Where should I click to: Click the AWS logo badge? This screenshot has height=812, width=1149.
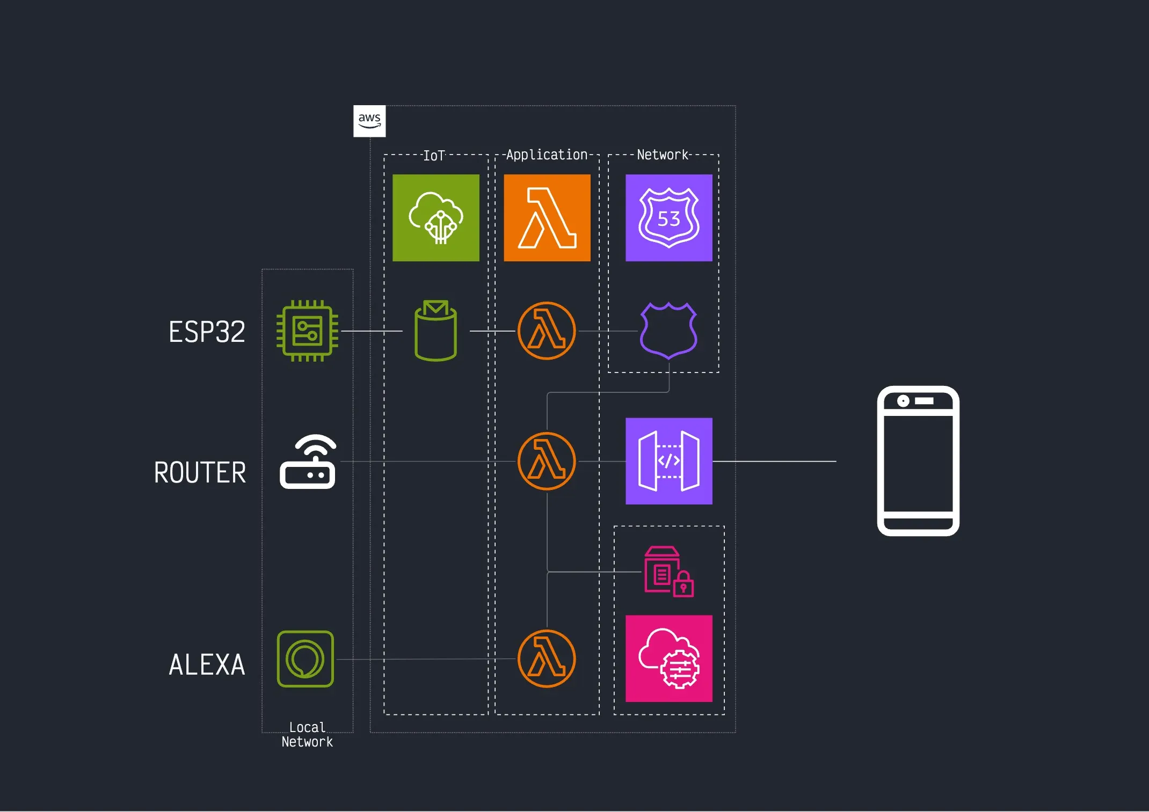pos(369,121)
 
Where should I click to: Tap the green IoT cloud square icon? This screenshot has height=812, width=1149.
pos(436,218)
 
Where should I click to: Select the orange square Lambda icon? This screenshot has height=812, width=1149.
pos(547,218)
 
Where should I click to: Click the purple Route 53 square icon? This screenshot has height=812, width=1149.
pos(669,218)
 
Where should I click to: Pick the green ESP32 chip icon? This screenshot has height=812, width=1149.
pos(307,331)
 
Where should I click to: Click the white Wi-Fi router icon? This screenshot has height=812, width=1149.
pos(308,462)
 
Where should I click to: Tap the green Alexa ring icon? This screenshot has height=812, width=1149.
pos(306,659)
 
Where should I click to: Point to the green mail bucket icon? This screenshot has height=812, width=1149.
pos(436,331)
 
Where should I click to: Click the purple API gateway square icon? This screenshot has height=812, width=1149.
pos(669,461)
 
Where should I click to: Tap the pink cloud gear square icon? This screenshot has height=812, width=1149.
pos(669,659)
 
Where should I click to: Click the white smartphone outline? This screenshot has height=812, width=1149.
pos(918,461)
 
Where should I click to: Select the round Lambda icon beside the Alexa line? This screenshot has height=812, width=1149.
pos(547,659)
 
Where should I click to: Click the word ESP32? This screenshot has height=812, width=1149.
pos(207,332)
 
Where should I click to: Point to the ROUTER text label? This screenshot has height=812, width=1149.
pos(200,473)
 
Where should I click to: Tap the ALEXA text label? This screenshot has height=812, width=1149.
pos(207,665)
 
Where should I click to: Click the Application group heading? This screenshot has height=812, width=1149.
pos(547,155)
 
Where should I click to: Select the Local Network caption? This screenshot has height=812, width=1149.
pos(307,735)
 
